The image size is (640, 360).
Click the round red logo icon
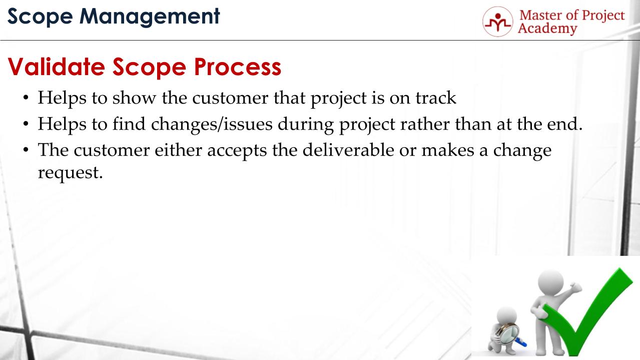tap(497, 22)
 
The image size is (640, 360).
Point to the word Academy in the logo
tap(547, 29)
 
